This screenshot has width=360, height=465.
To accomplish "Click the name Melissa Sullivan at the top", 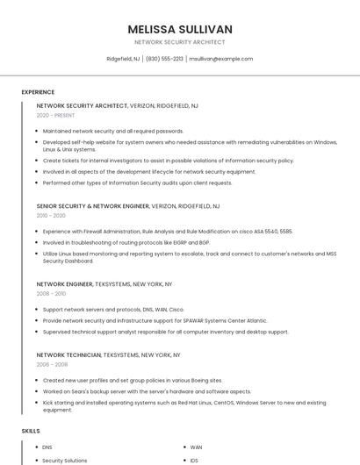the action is point(180,29).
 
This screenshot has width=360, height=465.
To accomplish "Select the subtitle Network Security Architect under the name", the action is point(180,42).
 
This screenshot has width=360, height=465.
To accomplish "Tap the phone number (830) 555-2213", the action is point(164,59).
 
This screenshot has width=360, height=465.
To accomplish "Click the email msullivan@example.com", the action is point(221,59).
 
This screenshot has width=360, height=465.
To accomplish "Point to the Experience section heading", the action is point(38,92).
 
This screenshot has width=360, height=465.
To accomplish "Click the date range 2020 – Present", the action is point(55,115).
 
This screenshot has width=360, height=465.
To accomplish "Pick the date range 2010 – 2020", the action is point(51,215).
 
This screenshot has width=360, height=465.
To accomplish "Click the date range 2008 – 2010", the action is point(51,294).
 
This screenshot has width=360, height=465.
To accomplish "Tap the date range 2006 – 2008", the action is point(51,364).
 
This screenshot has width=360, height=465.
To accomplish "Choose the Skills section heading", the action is point(31,432).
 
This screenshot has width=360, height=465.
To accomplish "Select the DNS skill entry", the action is point(47,447).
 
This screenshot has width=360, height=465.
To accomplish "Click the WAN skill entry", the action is point(196,447).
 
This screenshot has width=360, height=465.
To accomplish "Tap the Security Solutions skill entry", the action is point(65,461).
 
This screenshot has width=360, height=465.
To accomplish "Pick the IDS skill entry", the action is point(194,461).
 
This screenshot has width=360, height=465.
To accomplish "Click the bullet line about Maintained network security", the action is point(113,131).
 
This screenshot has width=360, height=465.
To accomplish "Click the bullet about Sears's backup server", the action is point(147,391).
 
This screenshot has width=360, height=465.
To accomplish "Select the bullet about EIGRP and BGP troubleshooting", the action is point(126,241).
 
